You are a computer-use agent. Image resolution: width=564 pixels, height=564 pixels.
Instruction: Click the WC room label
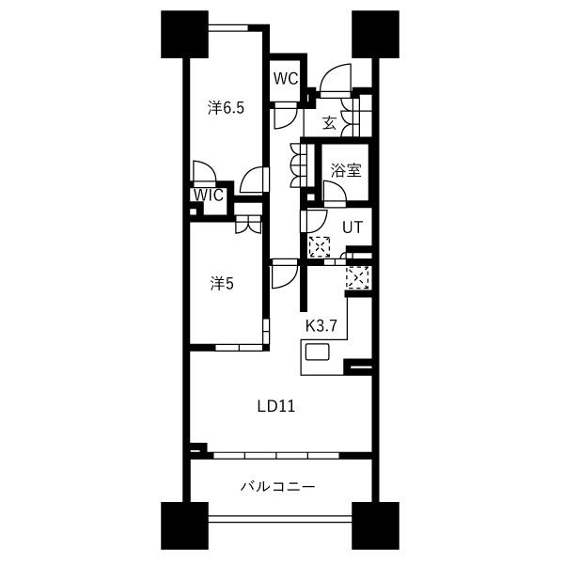pyautogui.click(x=286, y=78)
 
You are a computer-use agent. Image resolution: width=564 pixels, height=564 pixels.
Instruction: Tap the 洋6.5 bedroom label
pyautogui.click(x=226, y=108)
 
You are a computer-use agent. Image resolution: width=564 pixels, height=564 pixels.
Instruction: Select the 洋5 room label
pyautogui.click(x=222, y=284)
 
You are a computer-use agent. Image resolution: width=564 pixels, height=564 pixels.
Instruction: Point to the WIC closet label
pyautogui.click(x=209, y=196)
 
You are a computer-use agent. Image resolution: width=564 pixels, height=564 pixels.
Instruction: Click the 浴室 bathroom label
pyautogui.click(x=346, y=170)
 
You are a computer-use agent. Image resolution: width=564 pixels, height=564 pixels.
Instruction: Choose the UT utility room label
pyautogui.click(x=352, y=227)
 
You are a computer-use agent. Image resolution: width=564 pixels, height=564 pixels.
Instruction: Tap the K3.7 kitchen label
pyautogui.click(x=321, y=326)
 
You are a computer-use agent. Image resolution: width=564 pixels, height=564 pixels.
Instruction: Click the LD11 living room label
pyautogui.click(x=276, y=406)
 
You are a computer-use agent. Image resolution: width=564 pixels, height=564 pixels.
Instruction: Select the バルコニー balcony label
pyautogui.click(x=277, y=487)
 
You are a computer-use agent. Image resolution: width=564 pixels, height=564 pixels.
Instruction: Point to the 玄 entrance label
pyautogui.click(x=329, y=123)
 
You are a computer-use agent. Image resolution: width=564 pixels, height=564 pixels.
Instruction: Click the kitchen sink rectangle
pyautogui.click(x=318, y=352)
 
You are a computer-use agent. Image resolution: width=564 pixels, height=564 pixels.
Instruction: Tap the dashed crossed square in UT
pyautogui.click(x=320, y=246)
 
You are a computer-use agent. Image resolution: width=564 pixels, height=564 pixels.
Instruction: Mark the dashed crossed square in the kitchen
pyautogui.click(x=357, y=277)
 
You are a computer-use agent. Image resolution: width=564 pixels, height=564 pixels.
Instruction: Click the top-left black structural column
pyautogui.click(x=184, y=34)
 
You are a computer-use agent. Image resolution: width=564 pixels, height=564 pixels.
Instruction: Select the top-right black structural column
pyautogui.click(x=375, y=34)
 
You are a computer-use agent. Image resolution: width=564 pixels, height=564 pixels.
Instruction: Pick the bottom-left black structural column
pyautogui.click(x=184, y=525)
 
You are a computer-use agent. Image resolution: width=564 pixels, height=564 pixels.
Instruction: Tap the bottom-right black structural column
pyautogui.click(x=375, y=525)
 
